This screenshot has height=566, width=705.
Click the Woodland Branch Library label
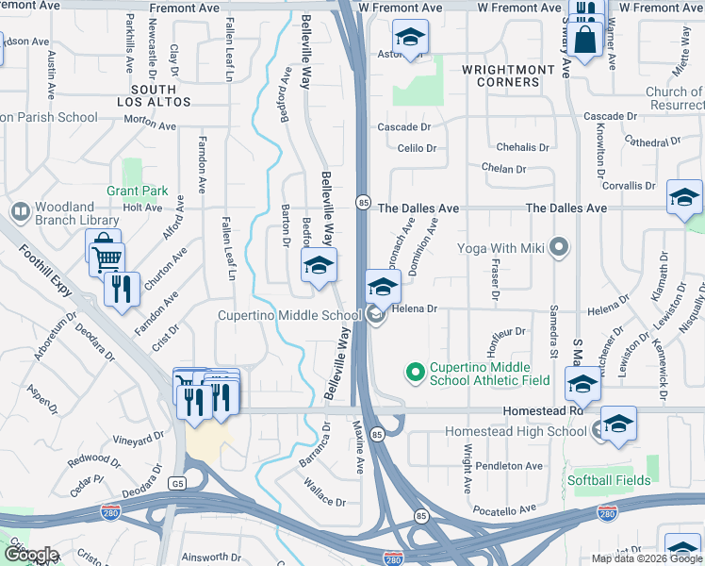click(77, 214)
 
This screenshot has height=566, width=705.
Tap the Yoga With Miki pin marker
click(559, 248)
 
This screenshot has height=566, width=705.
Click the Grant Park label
click(137, 191)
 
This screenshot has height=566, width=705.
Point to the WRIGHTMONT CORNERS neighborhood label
click(501, 76)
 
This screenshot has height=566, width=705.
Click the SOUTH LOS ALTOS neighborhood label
click(154, 94)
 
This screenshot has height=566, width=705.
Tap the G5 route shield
click(177, 483)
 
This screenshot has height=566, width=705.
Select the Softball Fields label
click(609, 480)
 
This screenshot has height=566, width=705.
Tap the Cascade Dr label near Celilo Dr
click(403, 126)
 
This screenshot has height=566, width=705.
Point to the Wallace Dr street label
click(325, 489)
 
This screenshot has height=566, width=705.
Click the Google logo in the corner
click(31, 555)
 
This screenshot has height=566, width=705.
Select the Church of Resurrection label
click(674, 98)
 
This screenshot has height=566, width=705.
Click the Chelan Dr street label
click(503, 169)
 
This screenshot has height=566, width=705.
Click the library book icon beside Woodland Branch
click(19, 211)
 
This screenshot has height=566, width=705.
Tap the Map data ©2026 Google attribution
click(646, 558)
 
